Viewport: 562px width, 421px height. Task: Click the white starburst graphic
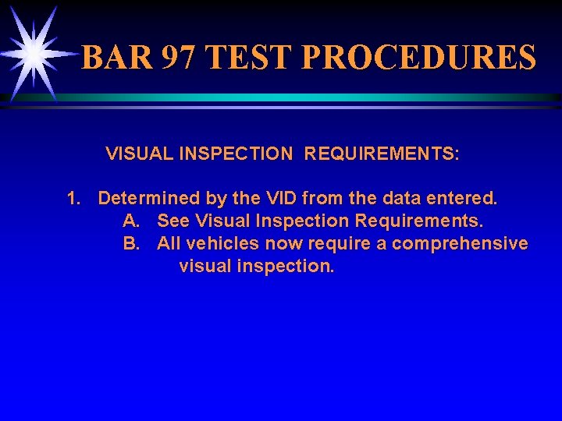[x=33, y=52]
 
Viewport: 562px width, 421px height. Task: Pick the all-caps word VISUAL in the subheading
[x=140, y=154]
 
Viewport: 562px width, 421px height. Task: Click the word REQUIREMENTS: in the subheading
[x=382, y=154]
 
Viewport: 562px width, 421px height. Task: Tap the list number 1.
[x=73, y=198]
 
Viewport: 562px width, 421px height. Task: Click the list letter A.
[x=131, y=221]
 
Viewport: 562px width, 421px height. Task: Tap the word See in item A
[x=173, y=221]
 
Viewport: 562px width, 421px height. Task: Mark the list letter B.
[x=131, y=243]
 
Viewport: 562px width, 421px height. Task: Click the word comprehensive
[x=460, y=243]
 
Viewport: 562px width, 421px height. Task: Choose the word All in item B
[x=169, y=243]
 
